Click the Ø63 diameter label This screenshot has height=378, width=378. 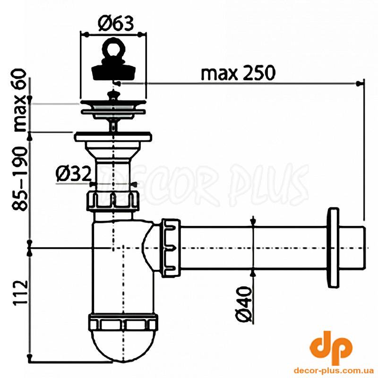tap(116, 23)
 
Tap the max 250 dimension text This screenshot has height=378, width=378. tap(238, 73)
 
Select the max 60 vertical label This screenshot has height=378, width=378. tap(20, 100)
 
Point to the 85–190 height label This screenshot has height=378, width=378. tap(20, 179)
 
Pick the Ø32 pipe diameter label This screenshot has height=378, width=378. tap(74, 174)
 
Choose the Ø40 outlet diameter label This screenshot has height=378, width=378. tap(244, 304)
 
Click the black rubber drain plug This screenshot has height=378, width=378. tap(113, 72)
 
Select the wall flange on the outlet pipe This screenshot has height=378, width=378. tap(333, 248)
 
